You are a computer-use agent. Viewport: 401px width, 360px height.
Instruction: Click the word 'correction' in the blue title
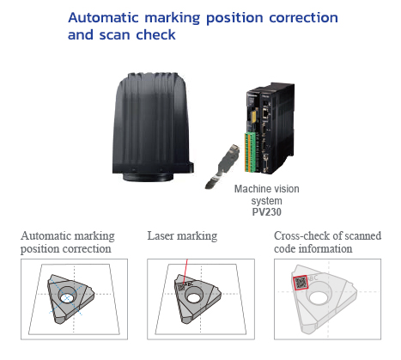click(303, 18)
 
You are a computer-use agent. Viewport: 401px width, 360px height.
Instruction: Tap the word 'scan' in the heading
click(115, 35)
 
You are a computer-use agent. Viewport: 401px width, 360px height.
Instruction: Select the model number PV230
click(267, 212)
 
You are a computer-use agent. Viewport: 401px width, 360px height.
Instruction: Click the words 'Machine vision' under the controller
click(267, 189)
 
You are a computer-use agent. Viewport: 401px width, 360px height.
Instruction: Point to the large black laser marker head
click(152, 126)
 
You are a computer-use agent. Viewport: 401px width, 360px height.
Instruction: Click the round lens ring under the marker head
click(149, 177)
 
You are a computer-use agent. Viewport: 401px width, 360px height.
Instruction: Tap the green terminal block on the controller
click(250, 152)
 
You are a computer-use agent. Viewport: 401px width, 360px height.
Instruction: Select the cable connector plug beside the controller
click(225, 165)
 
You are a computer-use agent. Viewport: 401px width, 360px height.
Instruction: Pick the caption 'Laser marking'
click(182, 236)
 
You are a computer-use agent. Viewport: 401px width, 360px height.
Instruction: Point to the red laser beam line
click(185, 272)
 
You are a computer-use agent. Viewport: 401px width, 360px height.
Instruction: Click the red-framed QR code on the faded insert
click(301, 283)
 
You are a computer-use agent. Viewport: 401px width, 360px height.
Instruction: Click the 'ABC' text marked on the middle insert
click(189, 284)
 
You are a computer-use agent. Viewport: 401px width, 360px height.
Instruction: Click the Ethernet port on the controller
click(265, 113)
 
